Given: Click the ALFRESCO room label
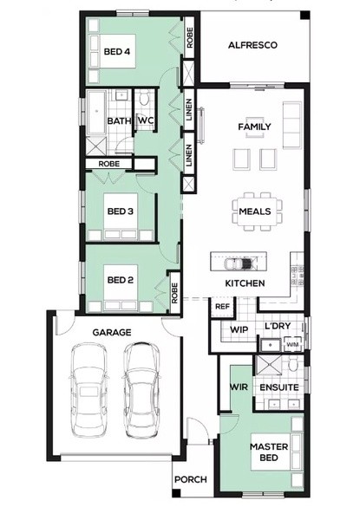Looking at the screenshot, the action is point(252,45).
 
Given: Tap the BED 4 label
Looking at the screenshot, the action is point(117,51).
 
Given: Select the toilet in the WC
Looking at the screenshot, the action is point(144,99).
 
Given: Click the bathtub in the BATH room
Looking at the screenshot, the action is point(96,113).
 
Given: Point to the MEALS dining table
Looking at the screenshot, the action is point(255,211).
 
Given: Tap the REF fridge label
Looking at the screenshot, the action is point(222,307).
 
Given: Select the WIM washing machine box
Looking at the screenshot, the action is point(292,345).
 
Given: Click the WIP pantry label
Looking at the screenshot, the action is point(239,329).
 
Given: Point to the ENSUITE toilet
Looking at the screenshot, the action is point(293,365).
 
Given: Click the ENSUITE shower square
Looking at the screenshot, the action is point(267,366).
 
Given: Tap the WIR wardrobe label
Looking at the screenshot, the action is point(239,387).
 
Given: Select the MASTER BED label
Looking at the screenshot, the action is point(269,452).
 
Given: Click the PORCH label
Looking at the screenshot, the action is point(191,479).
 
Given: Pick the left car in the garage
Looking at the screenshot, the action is point(89,390).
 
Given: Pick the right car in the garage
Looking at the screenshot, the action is point(141,390).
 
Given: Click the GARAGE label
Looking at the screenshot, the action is point(112,332).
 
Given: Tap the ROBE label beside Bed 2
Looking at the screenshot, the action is point(174,293).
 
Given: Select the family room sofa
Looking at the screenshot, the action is point(292,125).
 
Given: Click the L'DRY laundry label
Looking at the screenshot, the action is point(278,326).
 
